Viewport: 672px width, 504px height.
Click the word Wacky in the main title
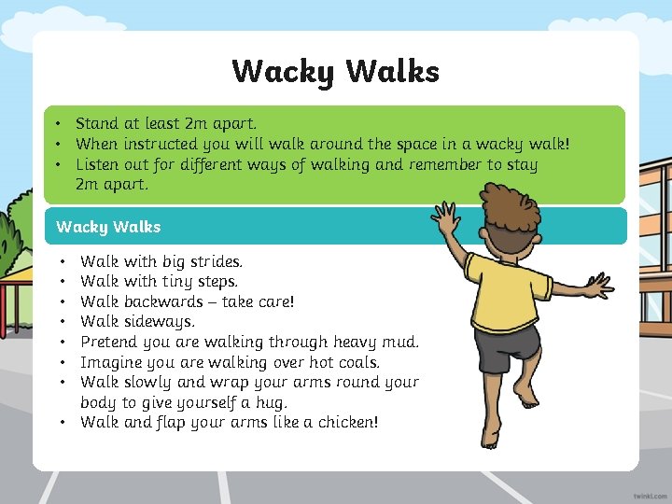[283, 71]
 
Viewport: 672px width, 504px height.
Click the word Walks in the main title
[393, 71]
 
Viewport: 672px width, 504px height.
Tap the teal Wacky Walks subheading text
[108, 227]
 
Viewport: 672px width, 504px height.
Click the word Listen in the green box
[99, 164]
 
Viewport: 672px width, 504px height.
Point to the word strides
[216, 261]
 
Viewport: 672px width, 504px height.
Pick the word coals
[354, 362]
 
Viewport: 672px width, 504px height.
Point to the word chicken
[344, 423]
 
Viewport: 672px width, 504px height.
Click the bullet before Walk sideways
[62, 322]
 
